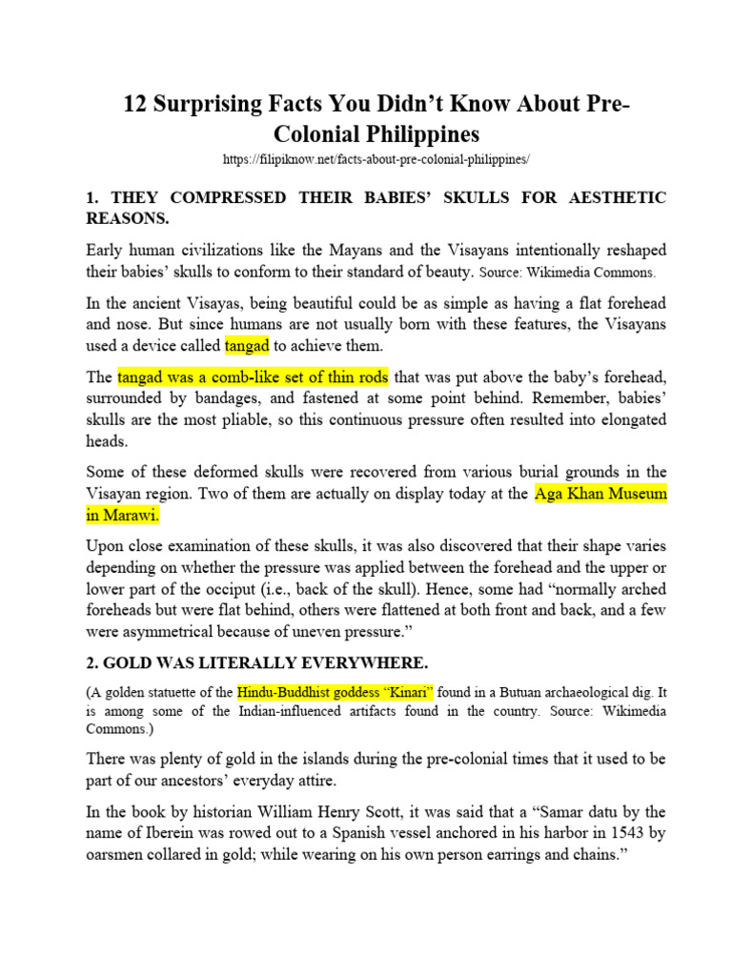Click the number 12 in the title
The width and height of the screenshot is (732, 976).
pyautogui.click(x=139, y=103)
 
